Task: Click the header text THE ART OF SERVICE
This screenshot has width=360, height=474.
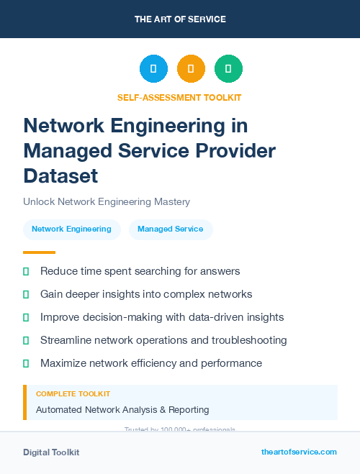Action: pyautogui.click(x=180, y=19)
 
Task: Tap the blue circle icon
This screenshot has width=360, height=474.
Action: pyautogui.click(x=153, y=69)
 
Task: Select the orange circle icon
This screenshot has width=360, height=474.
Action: pyautogui.click(x=191, y=69)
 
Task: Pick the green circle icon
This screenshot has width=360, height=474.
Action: pyautogui.click(x=228, y=69)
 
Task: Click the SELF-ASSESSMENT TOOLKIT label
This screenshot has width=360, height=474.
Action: pyautogui.click(x=179, y=97)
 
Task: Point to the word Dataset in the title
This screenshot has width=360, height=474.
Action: pyautogui.click(x=60, y=176)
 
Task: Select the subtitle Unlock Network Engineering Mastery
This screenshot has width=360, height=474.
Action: pyautogui.click(x=107, y=202)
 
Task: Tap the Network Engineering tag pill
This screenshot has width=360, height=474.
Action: pyautogui.click(x=71, y=229)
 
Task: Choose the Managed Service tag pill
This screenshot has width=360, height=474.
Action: pyautogui.click(x=171, y=229)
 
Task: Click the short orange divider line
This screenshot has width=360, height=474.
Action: pyautogui.click(x=39, y=252)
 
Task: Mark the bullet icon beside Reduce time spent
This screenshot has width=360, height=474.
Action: pyautogui.click(x=26, y=271)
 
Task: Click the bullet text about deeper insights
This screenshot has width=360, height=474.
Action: pyautogui.click(x=146, y=294)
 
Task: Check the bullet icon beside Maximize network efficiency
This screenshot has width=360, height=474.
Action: pyautogui.click(x=26, y=363)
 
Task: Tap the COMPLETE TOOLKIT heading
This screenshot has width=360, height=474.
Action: pyautogui.click(x=73, y=394)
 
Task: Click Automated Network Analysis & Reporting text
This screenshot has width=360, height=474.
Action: pyautogui.click(x=122, y=410)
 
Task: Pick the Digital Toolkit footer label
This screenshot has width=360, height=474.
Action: pyautogui.click(x=51, y=452)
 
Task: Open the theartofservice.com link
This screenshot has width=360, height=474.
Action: pyautogui.click(x=299, y=452)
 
